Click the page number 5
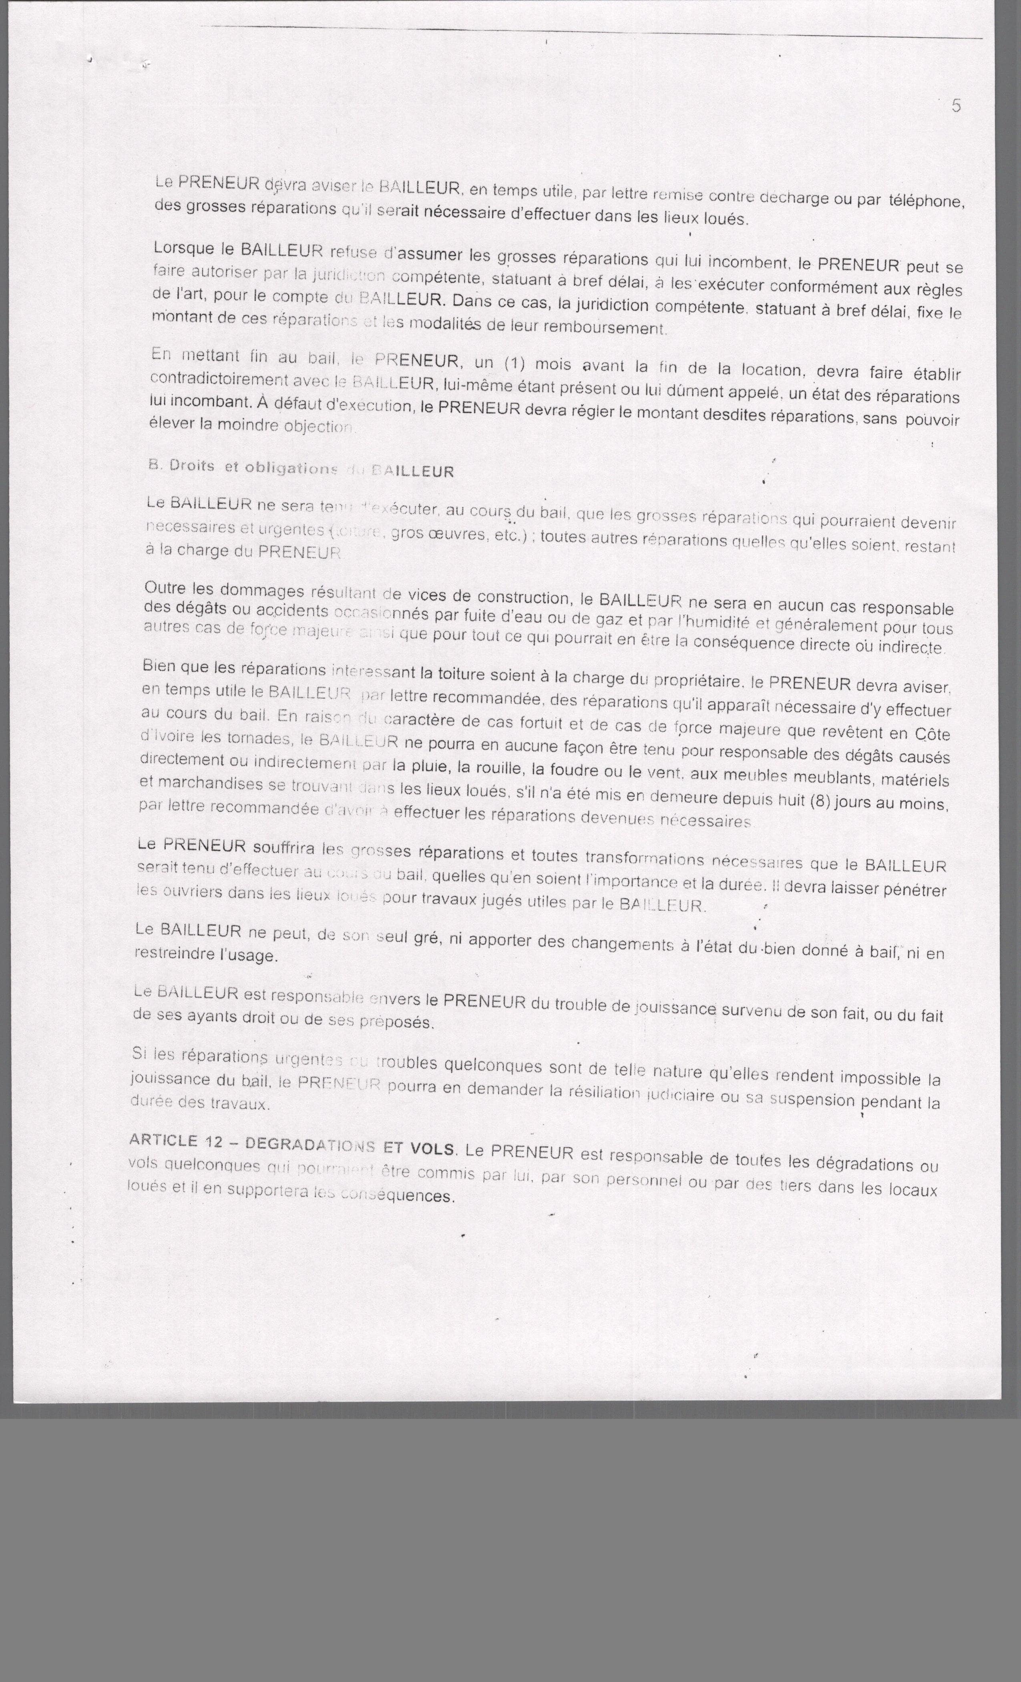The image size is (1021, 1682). (x=956, y=106)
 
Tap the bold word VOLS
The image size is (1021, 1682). (x=433, y=1147)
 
